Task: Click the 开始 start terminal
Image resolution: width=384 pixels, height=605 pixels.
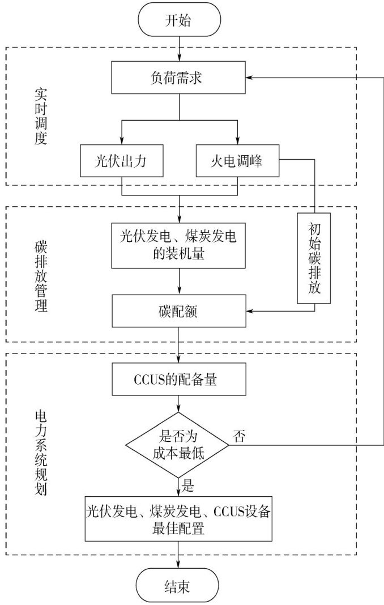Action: pyautogui.click(x=178, y=21)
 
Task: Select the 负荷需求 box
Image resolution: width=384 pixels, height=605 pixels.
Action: pyautogui.click(x=178, y=78)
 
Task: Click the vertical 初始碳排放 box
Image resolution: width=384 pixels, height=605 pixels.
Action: pyautogui.click(x=315, y=260)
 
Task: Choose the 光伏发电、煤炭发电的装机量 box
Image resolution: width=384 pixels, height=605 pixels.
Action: pyautogui.click(x=178, y=245)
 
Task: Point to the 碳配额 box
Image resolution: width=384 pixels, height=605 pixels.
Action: pyautogui.click(x=178, y=311)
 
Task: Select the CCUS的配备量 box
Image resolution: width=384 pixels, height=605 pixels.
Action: pyautogui.click(x=178, y=380)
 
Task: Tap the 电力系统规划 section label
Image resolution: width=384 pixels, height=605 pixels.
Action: pyautogui.click(x=39, y=453)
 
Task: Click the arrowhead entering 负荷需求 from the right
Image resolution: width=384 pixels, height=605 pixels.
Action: pyautogui.click(x=251, y=78)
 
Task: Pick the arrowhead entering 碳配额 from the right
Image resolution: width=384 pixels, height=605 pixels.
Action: pyautogui.click(x=251, y=311)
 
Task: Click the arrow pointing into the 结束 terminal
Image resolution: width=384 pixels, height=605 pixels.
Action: pyautogui.click(x=178, y=563)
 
